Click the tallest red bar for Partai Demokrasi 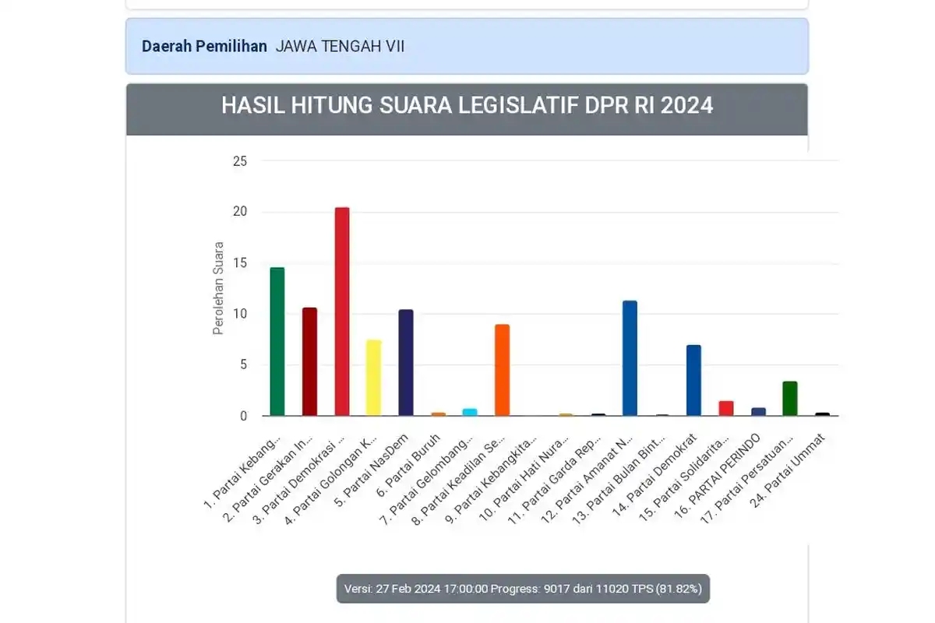click(341, 311)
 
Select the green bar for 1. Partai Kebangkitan click(277, 342)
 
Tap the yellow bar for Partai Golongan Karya click(374, 378)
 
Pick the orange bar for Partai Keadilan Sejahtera click(503, 370)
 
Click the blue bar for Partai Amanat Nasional click(630, 358)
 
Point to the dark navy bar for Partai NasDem click(406, 363)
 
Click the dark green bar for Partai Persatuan click(790, 399)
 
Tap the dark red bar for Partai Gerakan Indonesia click(309, 362)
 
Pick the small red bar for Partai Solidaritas click(726, 409)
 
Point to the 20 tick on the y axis click(239, 212)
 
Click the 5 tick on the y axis click(242, 364)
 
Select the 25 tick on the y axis click(239, 161)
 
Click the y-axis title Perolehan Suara click(218, 288)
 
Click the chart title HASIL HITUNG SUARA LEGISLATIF click(467, 105)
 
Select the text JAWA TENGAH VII click(340, 46)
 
